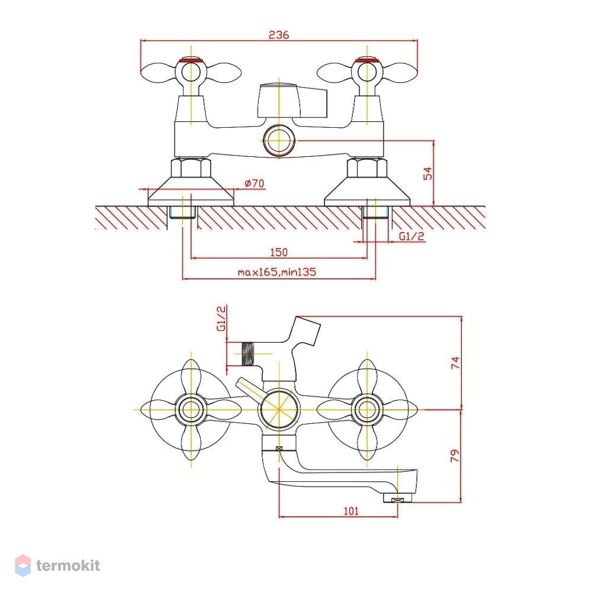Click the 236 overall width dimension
[279, 35]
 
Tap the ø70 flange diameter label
[255, 184]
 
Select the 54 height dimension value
[428, 173]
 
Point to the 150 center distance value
[279, 252]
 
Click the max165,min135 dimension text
[276, 272]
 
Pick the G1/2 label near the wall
[412, 236]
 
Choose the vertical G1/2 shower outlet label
[221, 318]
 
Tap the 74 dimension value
[456, 363]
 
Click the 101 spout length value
[351, 511]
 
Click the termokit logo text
[68, 565]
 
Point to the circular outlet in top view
[279, 140]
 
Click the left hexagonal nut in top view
[191, 168]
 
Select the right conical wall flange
[367, 191]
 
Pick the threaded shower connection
[247, 354]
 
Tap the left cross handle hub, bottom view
[191, 409]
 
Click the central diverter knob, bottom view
[279, 409]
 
